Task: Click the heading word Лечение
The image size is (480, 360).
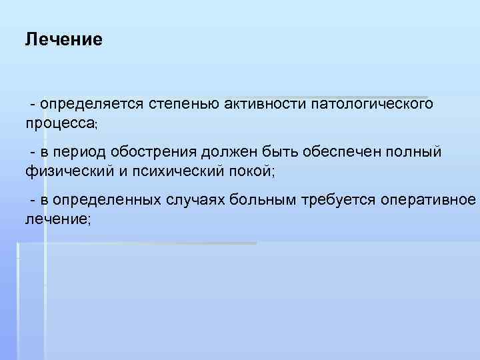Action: click(x=63, y=39)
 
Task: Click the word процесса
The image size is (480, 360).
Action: click(x=60, y=123)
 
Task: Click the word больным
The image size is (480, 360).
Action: click(x=267, y=201)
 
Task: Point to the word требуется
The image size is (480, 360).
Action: click(x=341, y=201)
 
